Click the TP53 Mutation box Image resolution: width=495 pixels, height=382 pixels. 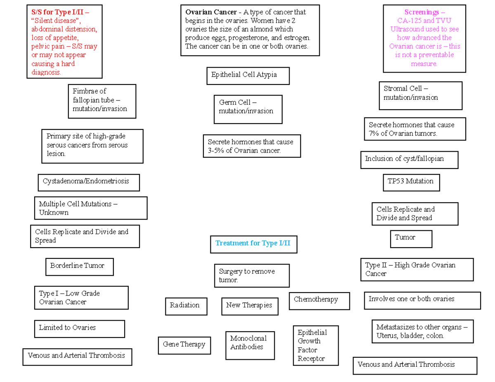[411, 182]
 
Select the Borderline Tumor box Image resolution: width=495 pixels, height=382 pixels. [79, 267]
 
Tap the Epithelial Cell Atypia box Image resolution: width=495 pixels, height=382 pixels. [247, 75]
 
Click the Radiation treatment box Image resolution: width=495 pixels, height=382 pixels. [186, 306]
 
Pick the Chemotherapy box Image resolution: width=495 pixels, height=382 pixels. [319, 300]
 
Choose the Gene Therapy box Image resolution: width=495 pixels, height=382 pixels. [184, 345]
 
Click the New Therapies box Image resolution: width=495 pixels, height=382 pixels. [250, 306]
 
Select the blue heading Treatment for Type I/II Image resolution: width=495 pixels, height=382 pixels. [253, 244]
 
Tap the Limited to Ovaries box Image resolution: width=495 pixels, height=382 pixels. [79, 329]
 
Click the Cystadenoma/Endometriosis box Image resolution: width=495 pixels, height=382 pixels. [88, 182]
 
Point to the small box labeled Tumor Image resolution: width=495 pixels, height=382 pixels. [411, 239]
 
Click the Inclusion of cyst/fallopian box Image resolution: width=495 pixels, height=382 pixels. [409, 159]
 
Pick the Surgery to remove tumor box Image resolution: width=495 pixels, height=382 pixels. [252, 276]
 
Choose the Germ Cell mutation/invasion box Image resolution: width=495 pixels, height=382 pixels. [247, 109]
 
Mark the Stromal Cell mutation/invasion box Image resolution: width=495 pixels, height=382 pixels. [420, 95]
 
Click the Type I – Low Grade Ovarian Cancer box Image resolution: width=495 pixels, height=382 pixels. [81, 298]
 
